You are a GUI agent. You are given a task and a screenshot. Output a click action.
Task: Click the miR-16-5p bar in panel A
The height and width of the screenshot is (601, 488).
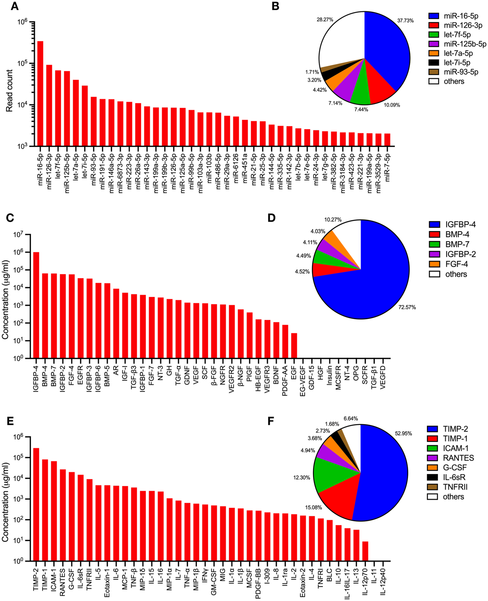40,94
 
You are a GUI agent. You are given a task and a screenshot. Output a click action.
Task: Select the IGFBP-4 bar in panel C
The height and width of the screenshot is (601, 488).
36,305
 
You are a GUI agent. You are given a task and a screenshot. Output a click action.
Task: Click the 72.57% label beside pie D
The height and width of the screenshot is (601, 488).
407,307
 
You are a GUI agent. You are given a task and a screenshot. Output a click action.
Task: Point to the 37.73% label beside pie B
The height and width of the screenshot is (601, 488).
405,21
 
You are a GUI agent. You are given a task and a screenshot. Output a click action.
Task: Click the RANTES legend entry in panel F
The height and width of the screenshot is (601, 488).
451,458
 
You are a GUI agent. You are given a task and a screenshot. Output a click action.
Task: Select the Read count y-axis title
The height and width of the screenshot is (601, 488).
10,90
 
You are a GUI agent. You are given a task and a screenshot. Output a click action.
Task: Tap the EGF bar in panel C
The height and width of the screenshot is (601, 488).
294,346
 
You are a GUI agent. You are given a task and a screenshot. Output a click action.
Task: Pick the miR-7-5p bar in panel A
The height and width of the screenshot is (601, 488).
387,140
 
